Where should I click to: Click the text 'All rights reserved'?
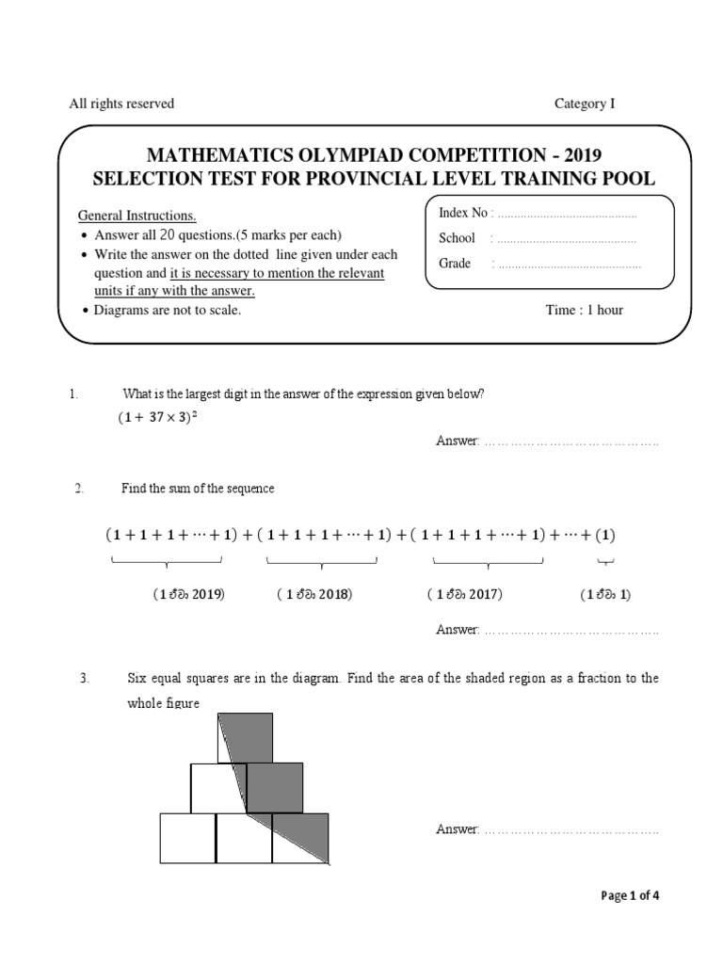121,104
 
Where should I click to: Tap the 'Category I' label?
584,104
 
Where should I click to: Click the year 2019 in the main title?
578,155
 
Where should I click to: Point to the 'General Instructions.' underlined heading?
137,216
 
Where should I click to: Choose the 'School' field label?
458,238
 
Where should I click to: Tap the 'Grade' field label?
455,264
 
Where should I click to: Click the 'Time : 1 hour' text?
584,310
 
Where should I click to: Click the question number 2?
80,488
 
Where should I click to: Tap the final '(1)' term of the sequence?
603,535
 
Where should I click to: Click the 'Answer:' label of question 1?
458,441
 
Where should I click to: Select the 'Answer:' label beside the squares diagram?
458,828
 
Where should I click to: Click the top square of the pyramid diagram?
246,738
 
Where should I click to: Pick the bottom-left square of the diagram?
187,837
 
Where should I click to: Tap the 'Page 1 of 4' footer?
630,895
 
